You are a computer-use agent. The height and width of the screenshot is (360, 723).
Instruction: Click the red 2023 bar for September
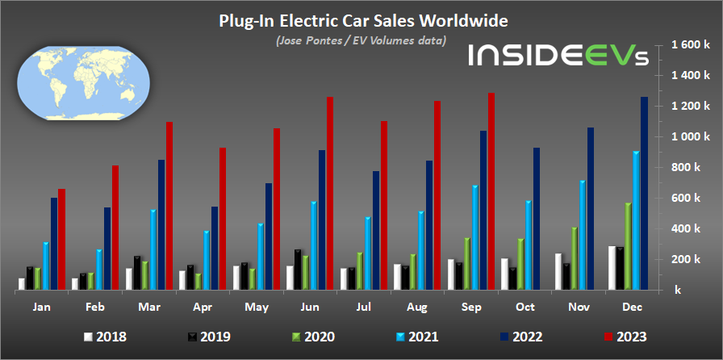pos(491,191)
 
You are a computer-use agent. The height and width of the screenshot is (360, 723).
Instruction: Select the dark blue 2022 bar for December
pos(644,194)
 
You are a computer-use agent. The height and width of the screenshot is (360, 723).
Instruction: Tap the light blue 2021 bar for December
pos(636,220)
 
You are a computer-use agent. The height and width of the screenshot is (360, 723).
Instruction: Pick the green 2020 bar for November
pos(575,258)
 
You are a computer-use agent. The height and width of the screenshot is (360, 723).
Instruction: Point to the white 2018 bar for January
pos(22,284)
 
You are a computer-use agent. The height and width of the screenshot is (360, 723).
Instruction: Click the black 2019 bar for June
pos(298,270)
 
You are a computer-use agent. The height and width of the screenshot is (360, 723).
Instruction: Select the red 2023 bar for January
pos(61,240)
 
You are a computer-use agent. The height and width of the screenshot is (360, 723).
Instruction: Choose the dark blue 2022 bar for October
pos(537,219)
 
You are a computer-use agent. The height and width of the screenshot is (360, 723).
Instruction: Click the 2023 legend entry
pos(624,337)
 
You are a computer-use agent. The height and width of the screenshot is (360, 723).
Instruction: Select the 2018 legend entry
pos(105,337)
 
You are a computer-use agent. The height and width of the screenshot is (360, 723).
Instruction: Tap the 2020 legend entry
pos(313,337)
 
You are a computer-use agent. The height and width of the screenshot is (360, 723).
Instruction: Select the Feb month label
pos(95,308)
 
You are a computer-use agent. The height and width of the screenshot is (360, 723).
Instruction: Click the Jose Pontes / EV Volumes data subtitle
pos(361,41)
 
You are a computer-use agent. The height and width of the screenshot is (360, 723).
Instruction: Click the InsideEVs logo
pos(558,54)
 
